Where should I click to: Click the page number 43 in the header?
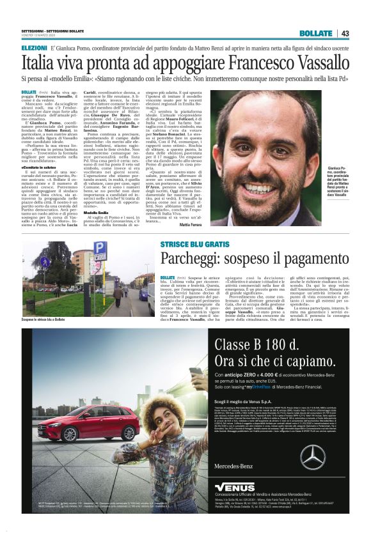click(x=344, y=33)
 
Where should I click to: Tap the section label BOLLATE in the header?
click(x=316, y=33)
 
